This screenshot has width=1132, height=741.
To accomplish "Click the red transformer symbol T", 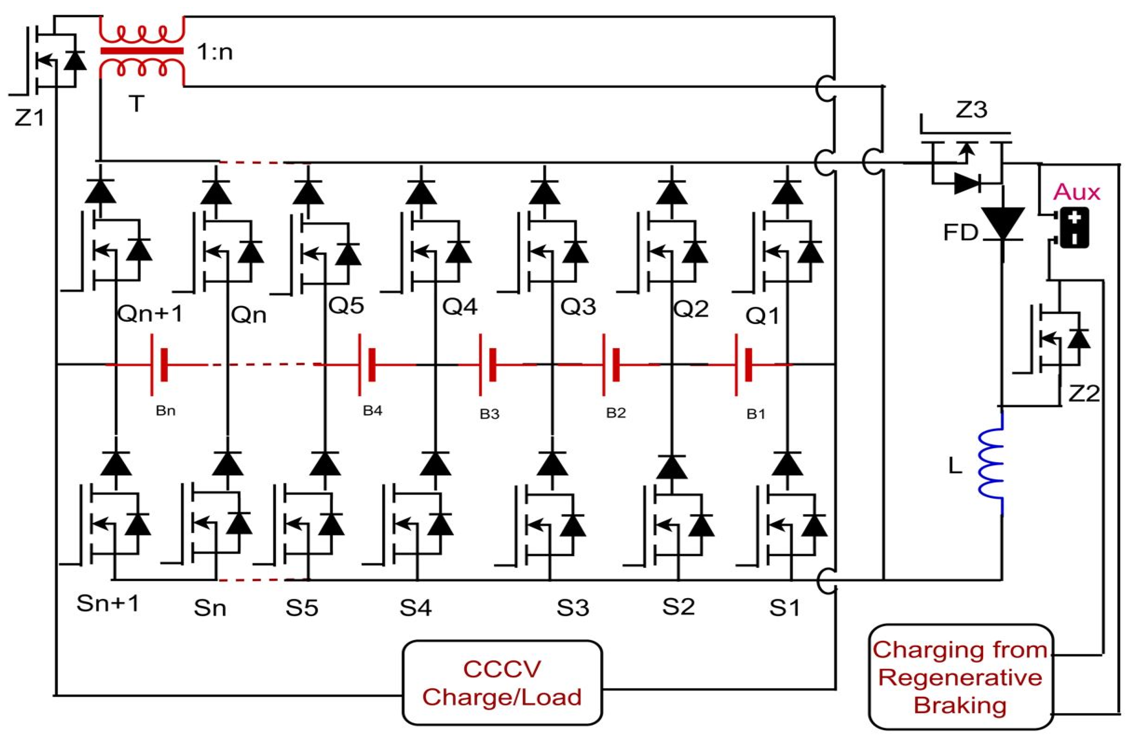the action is (141, 51).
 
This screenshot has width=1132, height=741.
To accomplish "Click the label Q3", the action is (578, 306).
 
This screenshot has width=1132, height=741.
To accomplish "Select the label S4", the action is (415, 607).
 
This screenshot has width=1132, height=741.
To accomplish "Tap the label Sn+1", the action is (108, 604).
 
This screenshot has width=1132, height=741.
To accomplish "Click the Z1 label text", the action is (29, 117).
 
